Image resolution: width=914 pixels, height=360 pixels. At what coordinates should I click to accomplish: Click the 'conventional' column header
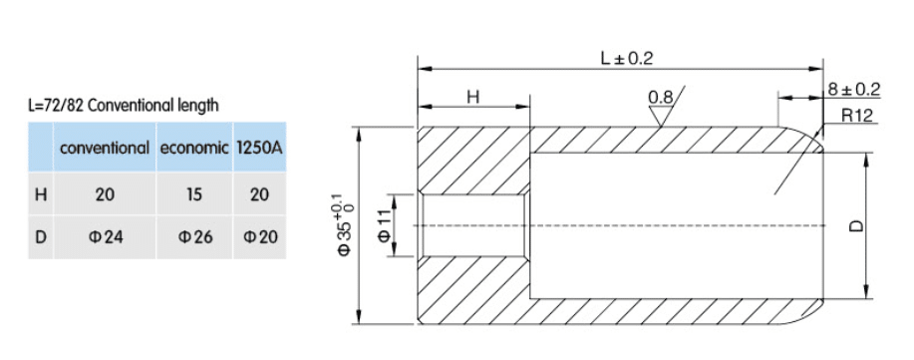pyautogui.click(x=105, y=148)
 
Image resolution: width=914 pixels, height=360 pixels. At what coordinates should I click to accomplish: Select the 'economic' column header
pyautogui.click(x=194, y=148)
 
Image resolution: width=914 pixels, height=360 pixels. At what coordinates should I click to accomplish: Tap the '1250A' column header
pyautogui.click(x=259, y=148)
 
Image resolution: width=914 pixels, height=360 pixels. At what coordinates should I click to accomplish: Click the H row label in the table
pyautogui.click(x=41, y=193)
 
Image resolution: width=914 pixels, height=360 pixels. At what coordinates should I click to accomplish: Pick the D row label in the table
pyautogui.click(x=41, y=237)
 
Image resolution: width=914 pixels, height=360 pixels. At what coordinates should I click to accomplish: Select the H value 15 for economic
pyautogui.click(x=194, y=193)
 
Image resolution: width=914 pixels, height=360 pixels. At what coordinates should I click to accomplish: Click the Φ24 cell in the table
pyautogui.click(x=106, y=237)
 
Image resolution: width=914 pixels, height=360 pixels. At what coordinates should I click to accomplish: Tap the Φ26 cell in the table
pyautogui.click(x=195, y=237)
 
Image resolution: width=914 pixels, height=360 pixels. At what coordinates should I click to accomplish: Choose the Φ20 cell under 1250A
pyautogui.click(x=260, y=237)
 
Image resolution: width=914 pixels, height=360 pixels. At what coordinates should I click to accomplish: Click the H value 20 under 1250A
pyautogui.click(x=259, y=193)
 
